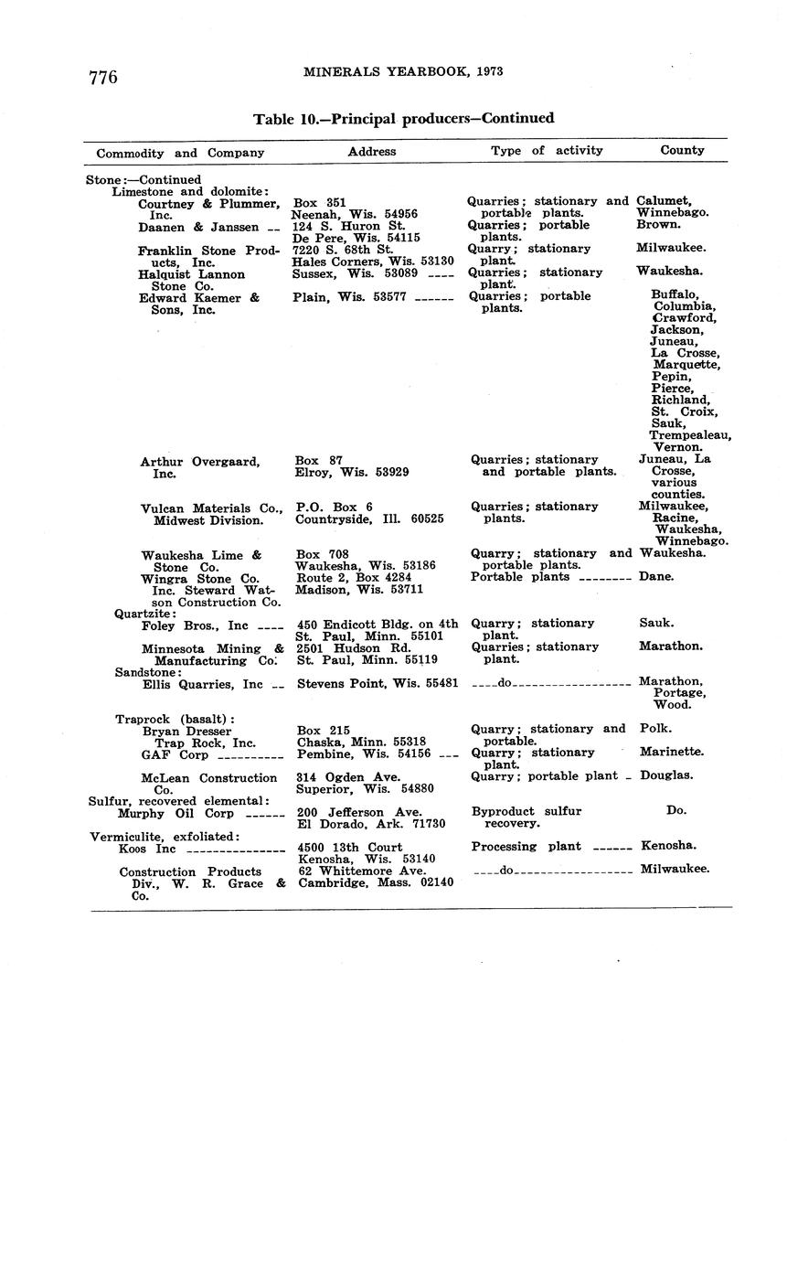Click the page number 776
point(103,78)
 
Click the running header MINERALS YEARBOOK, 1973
point(403,71)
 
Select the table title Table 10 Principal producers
point(403,119)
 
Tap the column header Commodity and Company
point(180,153)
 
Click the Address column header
point(372,151)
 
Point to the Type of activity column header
point(547,150)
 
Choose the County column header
point(682,150)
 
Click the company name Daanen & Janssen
point(198,227)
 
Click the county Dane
point(656,577)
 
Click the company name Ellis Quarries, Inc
point(202,684)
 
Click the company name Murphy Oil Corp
point(175,813)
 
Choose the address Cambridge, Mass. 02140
point(376,882)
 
